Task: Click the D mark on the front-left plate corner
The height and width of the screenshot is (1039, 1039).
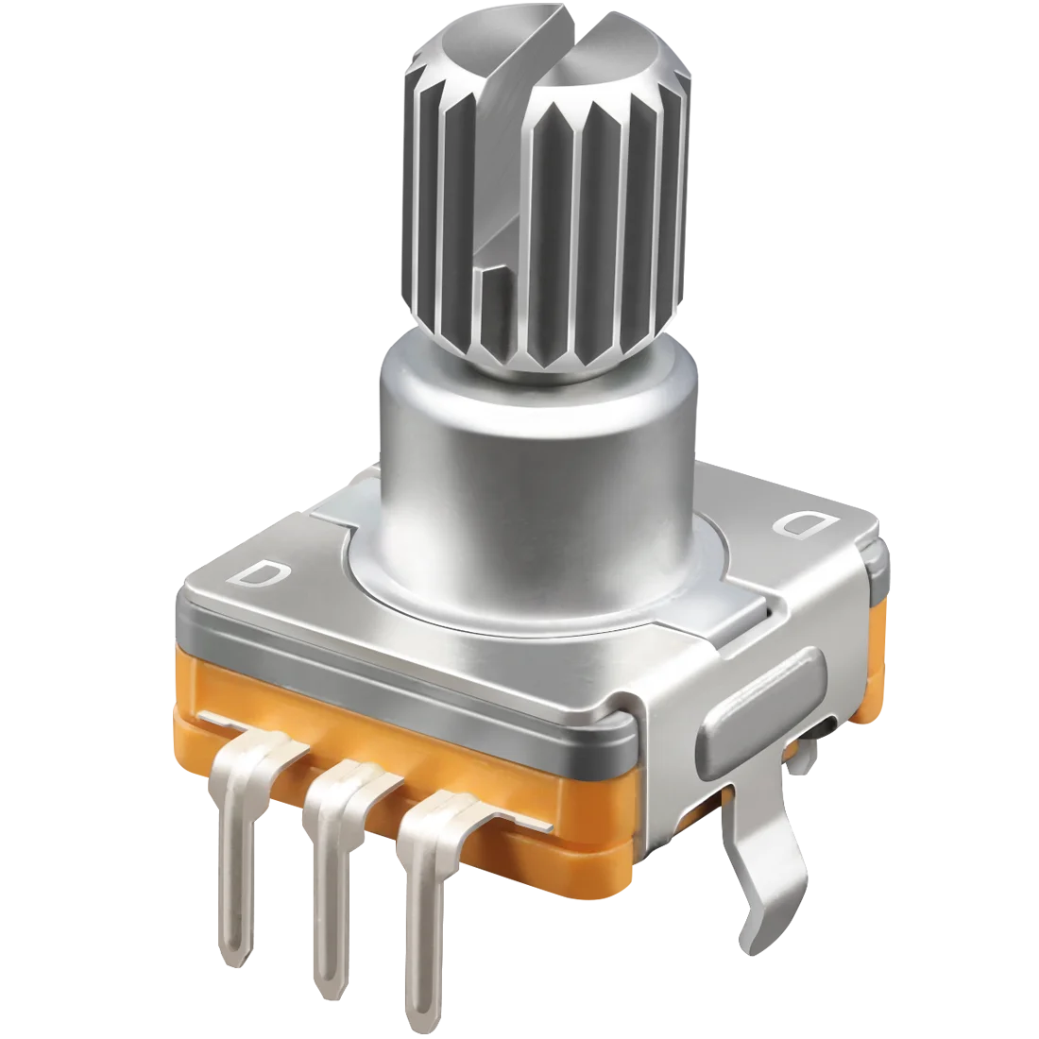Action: click(260, 573)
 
